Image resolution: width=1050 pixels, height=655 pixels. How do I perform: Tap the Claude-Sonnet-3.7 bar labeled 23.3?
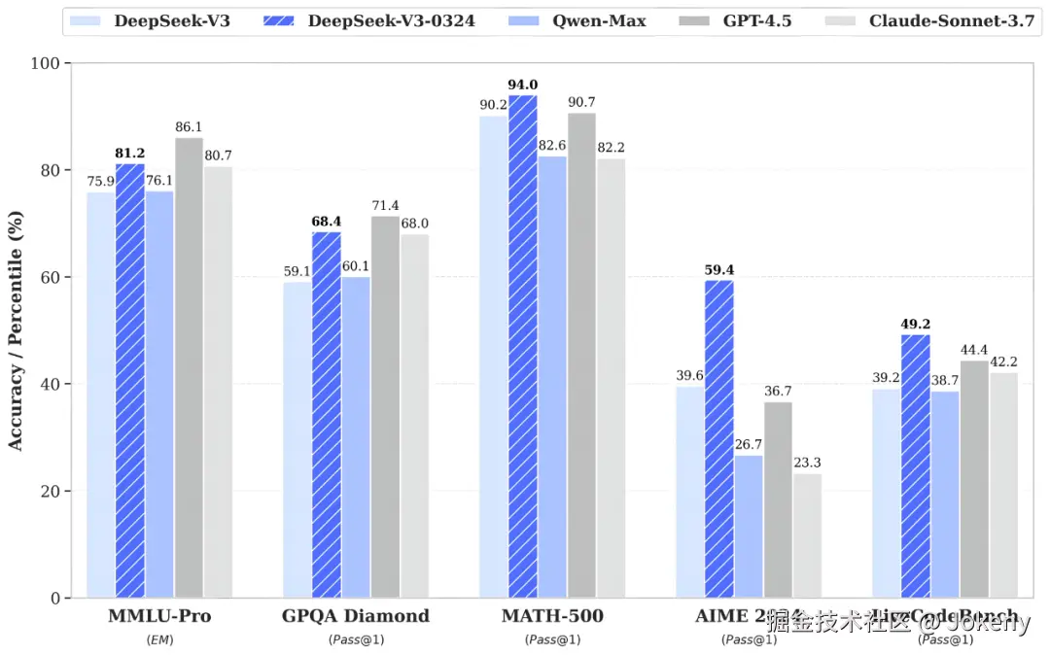pos(807,534)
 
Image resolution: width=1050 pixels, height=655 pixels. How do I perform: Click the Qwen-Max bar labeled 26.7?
pos(749,526)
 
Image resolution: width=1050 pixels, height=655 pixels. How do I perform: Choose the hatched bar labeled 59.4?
pos(719,438)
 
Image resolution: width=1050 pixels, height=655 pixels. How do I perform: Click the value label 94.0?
pos(522,85)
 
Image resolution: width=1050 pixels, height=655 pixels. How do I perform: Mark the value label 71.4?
pos(385,206)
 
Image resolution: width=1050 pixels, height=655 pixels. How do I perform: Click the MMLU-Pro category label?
pos(159,616)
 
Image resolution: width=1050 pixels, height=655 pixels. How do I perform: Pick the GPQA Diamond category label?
pos(355,616)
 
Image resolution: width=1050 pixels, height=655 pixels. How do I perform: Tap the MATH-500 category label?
pos(552,616)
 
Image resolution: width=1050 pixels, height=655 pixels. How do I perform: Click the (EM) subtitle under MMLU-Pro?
pos(159,639)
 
